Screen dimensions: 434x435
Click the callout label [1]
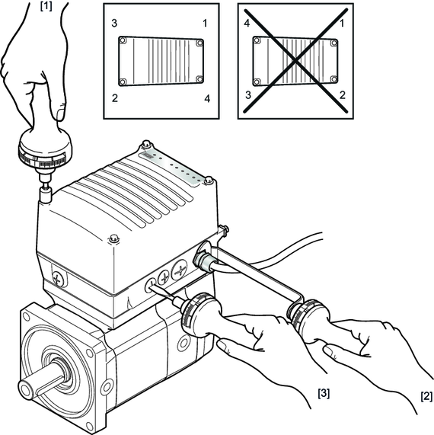46,6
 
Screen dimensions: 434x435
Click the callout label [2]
426,396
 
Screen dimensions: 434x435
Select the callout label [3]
324,393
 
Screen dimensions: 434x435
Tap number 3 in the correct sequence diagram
114,24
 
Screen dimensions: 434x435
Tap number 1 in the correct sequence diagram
205,24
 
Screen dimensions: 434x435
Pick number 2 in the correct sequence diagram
114,98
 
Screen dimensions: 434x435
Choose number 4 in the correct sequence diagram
207,98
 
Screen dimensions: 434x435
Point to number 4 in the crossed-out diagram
247,23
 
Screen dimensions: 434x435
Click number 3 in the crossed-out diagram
248,95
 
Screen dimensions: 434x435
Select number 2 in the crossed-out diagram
343,95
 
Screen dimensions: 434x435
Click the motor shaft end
25,389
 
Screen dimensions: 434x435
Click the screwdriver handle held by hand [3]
201,314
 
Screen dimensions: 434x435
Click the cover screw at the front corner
113,238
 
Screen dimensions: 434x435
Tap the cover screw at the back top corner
146,145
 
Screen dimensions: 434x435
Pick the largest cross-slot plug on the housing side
180,270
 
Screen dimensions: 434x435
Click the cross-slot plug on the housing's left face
58,278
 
